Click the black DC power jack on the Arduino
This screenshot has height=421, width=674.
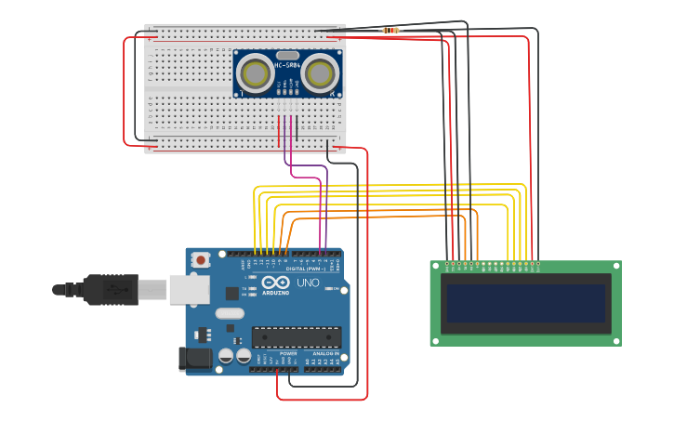pos(193,358)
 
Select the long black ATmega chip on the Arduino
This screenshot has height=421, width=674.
pos(296,337)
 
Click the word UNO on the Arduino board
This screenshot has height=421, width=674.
pos(307,283)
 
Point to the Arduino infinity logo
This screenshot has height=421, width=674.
pos(275,283)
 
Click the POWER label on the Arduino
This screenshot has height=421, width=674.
pos(288,354)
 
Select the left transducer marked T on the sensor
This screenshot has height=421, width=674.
pos(255,72)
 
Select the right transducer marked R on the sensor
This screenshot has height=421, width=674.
pos(319,72)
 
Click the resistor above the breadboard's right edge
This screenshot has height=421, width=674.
pos(390,31)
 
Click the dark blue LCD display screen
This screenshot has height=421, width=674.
pos(525,303)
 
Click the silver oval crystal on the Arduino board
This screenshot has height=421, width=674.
pos(230,313)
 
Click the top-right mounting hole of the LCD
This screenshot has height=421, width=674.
pos(615,266)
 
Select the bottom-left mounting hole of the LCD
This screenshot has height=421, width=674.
pos(435,340)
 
